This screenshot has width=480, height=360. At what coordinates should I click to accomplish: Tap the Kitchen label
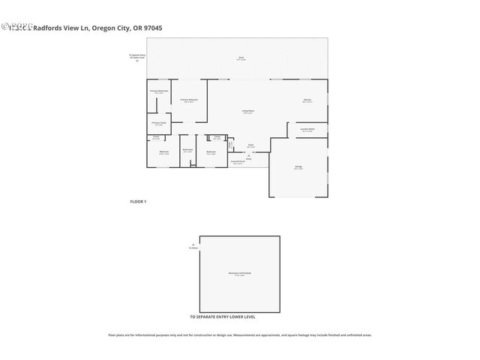click(307, 100)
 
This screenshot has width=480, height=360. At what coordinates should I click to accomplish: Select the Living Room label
click(247, 112)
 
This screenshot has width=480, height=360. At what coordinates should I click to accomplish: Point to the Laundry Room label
click(307, 129)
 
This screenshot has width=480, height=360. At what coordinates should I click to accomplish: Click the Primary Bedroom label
click(189, 100)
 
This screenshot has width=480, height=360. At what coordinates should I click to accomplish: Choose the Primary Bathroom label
click(158, 92)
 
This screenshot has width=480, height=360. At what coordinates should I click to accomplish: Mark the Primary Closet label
click(158, 124)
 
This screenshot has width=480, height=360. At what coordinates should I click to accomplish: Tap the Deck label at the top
click(240, 58)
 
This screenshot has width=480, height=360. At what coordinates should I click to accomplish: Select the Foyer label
click(251, 145)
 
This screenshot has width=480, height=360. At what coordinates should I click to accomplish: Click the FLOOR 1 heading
click(139, 202)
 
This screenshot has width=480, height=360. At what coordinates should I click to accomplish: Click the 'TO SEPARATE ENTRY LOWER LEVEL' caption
click(223, 317)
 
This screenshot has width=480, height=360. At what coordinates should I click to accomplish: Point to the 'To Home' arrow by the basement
click(193, 245)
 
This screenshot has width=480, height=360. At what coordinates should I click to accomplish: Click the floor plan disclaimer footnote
click(240, 335)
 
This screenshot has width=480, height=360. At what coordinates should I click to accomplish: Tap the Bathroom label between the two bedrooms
click(187, 149)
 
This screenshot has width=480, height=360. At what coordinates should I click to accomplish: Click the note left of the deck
click(136, 58)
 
